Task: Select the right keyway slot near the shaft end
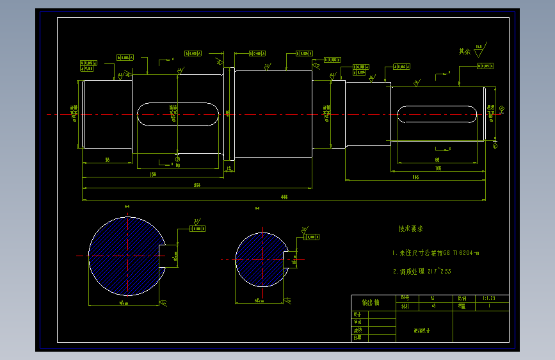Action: [x=437, y=115]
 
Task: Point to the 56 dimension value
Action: [x=107, y=159]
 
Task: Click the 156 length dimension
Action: [x=153, y=174]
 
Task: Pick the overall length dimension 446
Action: [x=284, y=197]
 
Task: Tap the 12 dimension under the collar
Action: [x=230, y=168]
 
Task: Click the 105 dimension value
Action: [x=438, y=168]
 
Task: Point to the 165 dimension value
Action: [x=415, y=178]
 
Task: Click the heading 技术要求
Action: [x=410, y=229]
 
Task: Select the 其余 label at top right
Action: [x=465, y=51]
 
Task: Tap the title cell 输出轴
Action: [x=371, y=302]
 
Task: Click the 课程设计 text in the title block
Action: [x=422, y=331]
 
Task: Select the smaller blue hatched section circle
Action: [x=261, y=259]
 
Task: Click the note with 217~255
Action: [x=422, y=272]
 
